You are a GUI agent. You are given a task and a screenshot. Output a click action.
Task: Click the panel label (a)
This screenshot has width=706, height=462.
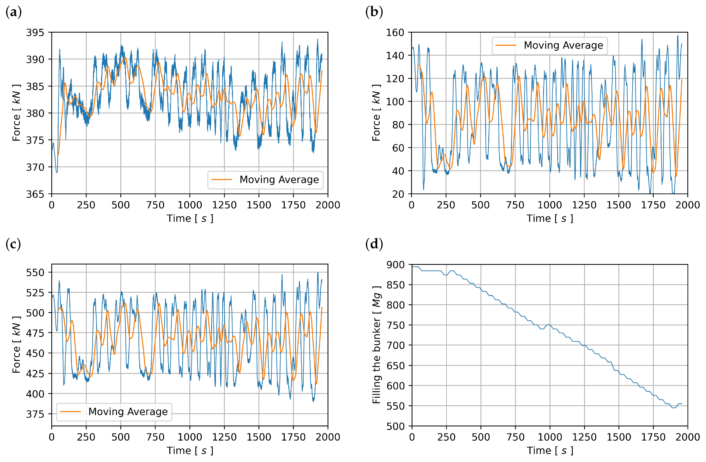tap(14, 12)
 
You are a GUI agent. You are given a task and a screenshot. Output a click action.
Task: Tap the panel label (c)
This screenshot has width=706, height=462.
tap(13, 244)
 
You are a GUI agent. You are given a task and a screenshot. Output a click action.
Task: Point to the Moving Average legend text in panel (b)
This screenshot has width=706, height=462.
tap(563, 45)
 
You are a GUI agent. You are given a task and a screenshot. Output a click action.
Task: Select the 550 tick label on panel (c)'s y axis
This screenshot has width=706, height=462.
tap(35, 272)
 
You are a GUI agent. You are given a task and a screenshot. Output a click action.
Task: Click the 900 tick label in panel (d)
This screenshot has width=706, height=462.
tap(395, 265)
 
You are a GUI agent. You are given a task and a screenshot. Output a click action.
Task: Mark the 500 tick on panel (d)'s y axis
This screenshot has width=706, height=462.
tap(395, 426)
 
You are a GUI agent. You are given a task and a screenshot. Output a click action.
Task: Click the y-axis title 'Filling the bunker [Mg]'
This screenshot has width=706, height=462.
tap(376, 345)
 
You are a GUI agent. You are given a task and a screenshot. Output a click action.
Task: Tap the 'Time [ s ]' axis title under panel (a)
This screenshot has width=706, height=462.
tap(190, 219)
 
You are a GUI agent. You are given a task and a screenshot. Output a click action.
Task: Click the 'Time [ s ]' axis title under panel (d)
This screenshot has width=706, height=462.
tap(550, 451)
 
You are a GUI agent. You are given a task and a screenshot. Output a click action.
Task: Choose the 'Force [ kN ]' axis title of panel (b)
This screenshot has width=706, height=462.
tap(376, 113)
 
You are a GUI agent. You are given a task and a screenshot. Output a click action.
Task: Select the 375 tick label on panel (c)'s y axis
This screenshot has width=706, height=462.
tap(35, 414)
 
